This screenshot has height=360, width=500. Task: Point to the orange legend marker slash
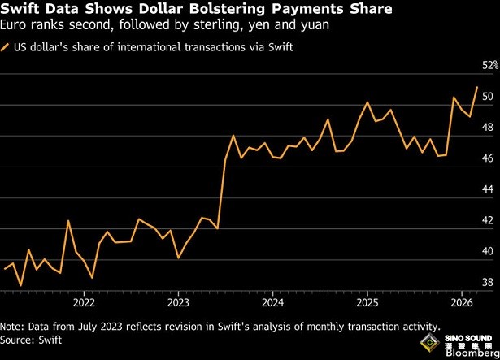(8, 47)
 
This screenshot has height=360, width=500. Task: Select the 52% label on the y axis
(488, 65)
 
